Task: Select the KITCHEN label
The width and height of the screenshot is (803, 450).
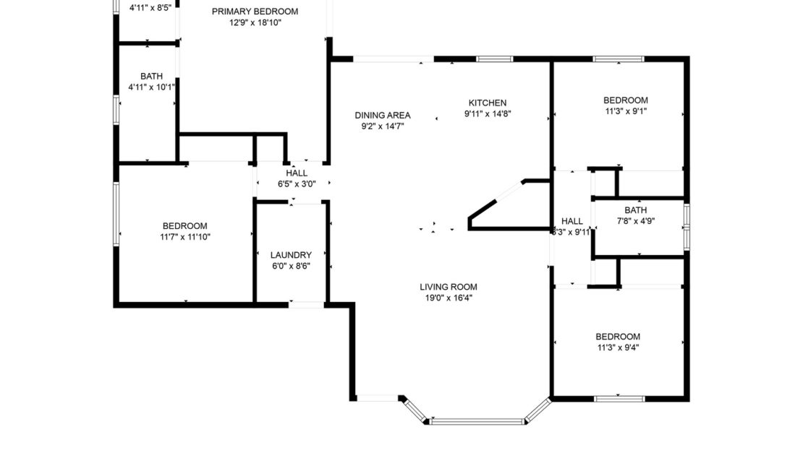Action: click(487, 103)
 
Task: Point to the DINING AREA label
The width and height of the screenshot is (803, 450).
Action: click(382, 115)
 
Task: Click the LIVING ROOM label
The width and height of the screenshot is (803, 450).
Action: click(449, 287)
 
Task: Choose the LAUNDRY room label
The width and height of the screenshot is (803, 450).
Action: click(291, 255)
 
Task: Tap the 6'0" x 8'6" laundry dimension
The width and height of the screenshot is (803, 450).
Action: click(291, 266)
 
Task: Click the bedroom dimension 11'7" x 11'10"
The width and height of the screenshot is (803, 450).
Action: click(185, 237)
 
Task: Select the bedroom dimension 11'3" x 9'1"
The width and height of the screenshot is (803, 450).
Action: click(626, 111)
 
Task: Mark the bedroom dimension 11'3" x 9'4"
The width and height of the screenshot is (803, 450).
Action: click(617, 347)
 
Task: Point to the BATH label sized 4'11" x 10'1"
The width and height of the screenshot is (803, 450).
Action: click(151, 76)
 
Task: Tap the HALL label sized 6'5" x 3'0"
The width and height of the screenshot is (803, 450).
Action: click(297, 173)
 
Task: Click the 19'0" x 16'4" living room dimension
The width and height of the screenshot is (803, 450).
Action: click(449, 298)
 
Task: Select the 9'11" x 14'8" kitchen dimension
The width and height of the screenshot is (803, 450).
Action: click(487, 113)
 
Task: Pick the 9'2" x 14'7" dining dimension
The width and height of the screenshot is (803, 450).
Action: click(382, 126)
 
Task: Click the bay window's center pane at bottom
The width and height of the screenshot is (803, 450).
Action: click(477, 420)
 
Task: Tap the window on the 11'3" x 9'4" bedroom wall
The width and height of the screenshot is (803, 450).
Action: click(619, 398)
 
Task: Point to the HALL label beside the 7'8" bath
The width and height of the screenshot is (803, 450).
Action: click(572, 221)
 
